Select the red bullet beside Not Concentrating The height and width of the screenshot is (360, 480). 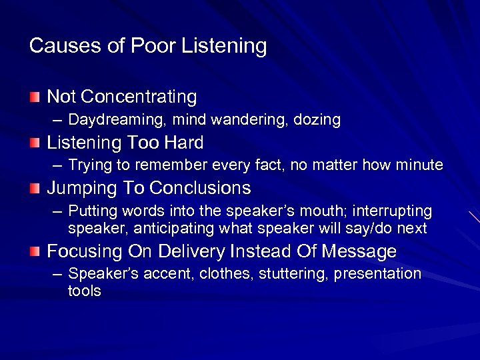point(35,97)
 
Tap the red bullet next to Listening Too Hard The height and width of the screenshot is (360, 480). point(35,143)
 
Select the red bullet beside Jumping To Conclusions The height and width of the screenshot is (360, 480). point(35,189)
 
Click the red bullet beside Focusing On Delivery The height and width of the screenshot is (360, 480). point(35,251)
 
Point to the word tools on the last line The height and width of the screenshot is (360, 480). point(85,291)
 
